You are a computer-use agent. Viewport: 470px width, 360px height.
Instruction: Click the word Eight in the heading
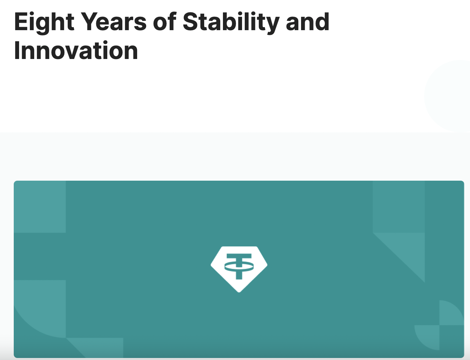coord(44,22)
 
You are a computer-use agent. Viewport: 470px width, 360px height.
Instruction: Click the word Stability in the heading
coord(231,22)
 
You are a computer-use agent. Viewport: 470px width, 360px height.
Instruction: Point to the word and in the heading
coord(307,21)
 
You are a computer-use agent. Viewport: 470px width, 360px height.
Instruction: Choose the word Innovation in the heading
coord(76,50)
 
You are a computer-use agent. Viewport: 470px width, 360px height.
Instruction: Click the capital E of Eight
coord(21,21)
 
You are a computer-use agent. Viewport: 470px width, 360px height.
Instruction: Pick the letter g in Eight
coord(44,26)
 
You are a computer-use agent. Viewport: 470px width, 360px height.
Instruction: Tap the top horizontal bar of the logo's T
coord(239,256)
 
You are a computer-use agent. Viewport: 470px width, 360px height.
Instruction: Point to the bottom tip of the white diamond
coord(239,292)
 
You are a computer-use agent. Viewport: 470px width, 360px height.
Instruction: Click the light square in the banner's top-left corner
coord(40,207)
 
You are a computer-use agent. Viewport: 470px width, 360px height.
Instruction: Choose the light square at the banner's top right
coord(399,207)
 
